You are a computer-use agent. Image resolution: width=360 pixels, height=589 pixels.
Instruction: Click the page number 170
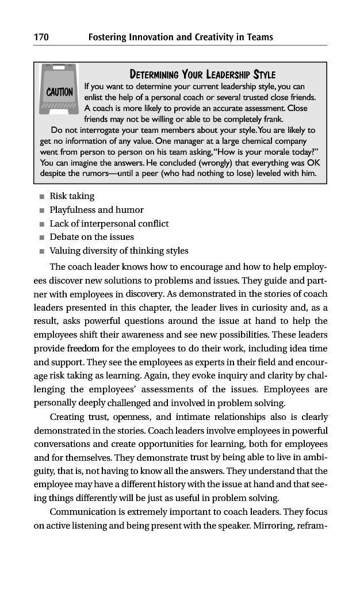click(41, 37)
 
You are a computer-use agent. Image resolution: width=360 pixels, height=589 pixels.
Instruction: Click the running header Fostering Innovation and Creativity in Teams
click(181, 37)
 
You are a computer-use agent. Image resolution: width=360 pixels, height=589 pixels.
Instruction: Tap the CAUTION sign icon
click(59, 91)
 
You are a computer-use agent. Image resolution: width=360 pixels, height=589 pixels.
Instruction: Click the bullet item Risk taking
click(72, 196)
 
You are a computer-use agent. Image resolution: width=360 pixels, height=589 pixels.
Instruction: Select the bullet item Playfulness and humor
click(97, 210)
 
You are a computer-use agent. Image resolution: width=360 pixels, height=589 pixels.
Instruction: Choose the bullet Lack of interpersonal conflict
click(109, 224)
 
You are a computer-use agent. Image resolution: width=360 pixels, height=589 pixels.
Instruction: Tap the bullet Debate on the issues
click(92, 237)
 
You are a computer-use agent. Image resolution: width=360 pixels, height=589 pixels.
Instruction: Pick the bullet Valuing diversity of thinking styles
click(119, 251)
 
